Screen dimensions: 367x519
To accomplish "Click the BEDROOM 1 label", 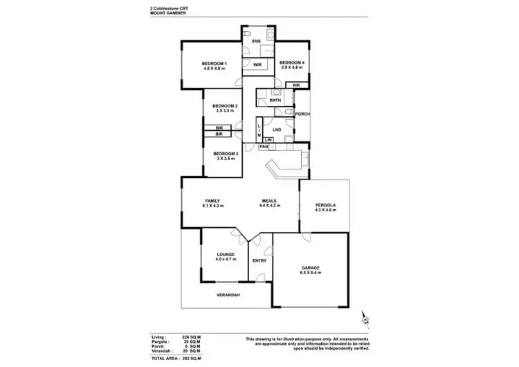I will tap(215, 64).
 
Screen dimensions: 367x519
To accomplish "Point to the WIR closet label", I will tap(256, 64).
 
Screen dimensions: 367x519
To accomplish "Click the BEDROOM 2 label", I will tap(225, 106).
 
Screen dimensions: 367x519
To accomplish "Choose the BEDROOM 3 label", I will tap(225, 153).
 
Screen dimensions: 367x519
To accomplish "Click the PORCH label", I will tap(302, 114).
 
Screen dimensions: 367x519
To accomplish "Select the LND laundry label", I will tap(276, 129).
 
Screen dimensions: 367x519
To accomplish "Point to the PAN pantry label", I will tap(264, 147).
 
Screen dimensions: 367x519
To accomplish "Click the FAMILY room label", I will tap(212, 200).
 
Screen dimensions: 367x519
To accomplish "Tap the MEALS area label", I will tap(270, 200).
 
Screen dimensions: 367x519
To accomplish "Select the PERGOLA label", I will tap(325, 206).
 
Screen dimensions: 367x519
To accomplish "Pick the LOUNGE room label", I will tap(225, 254).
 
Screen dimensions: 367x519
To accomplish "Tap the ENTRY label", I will tap(259, 260).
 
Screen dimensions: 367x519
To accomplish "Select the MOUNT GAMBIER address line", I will tap(167, 14).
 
